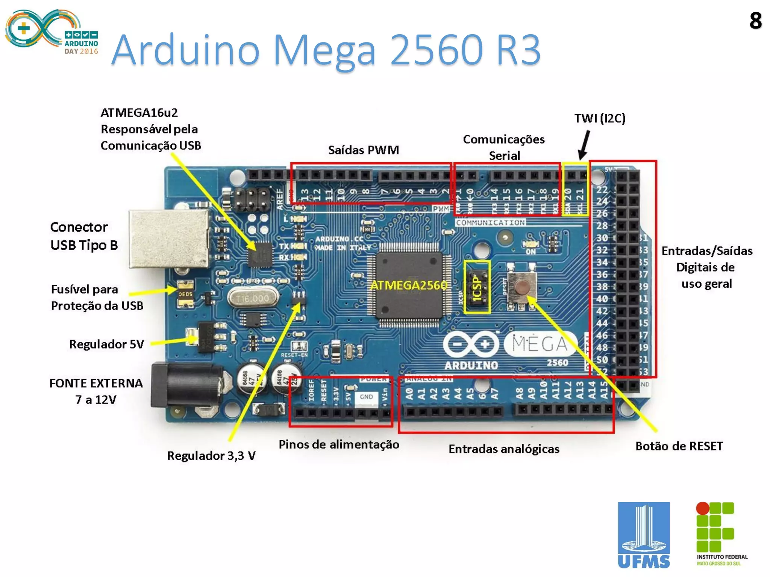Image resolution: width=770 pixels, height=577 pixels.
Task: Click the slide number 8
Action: [755, 21]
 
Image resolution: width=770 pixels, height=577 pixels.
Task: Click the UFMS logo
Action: [644, 535]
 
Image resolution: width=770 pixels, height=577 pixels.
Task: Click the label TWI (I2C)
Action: [600, 118]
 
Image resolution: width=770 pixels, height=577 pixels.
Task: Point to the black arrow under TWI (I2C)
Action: [584, 145]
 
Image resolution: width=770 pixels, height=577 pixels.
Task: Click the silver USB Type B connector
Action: [169, 239]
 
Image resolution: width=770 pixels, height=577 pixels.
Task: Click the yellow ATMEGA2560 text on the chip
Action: [409, 285]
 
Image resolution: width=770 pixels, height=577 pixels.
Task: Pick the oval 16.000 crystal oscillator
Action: [253, 299]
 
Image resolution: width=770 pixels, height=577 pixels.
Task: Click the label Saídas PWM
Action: [363, 150]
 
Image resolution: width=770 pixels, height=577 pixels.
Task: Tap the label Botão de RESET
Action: [679, 446]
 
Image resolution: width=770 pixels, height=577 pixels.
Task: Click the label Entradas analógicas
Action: [504, 449]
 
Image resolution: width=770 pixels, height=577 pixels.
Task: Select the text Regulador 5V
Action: [106, 344]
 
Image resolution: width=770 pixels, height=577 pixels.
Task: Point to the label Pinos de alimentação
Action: [339, 445]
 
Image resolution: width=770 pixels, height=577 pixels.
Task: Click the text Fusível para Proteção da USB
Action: [97, 298]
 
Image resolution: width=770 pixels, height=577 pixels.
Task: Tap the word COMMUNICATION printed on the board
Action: [490, 223]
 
